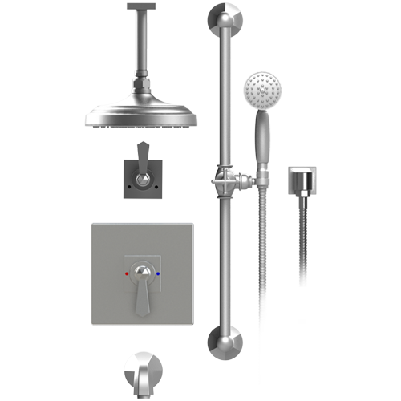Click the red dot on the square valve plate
click(x=127, y=274)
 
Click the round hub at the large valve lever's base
click(x=143, y=269)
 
